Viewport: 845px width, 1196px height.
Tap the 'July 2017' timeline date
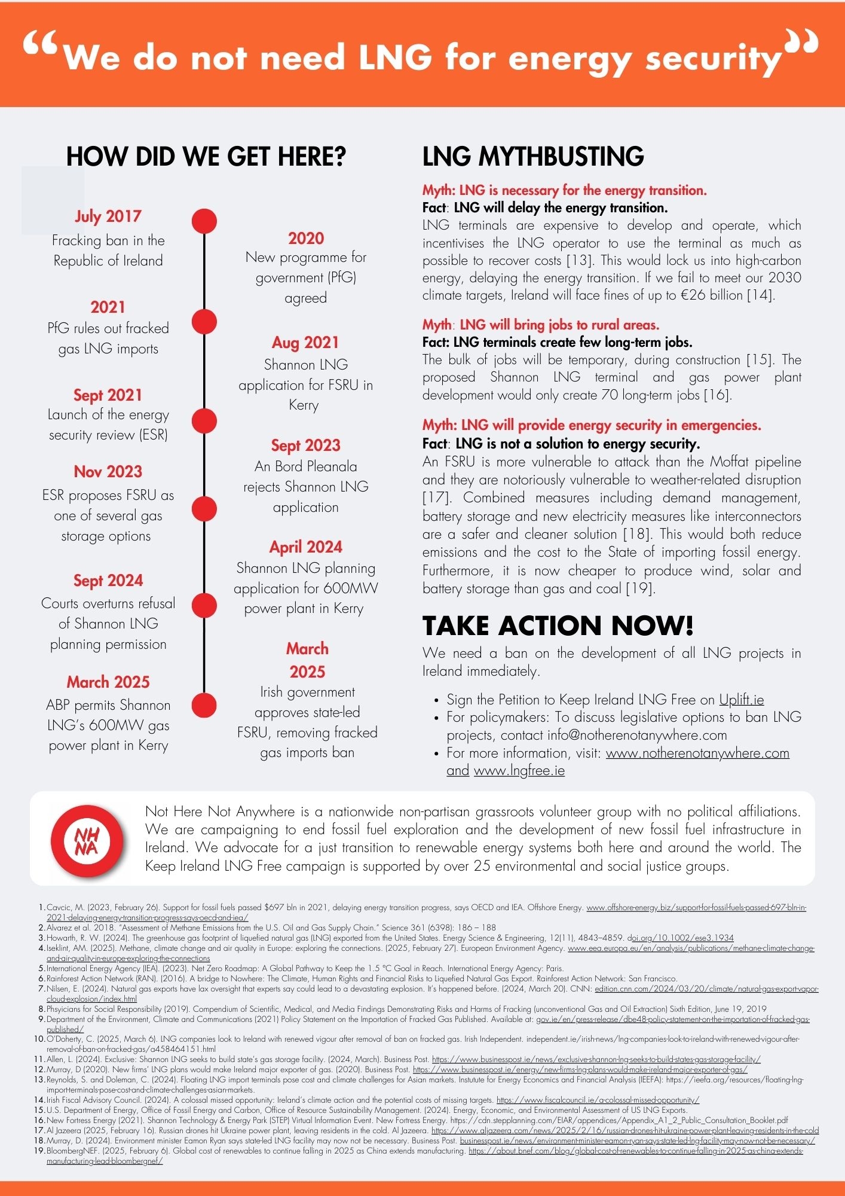coord(108,216)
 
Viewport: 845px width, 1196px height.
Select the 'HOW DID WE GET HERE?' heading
coord(206,157)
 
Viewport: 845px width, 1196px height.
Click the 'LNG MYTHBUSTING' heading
coord(533,157)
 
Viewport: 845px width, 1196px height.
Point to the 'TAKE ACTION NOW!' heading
coord(558,626)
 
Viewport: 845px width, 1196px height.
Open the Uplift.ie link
coord(741,700)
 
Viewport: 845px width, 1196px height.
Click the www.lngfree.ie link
coord(519,770)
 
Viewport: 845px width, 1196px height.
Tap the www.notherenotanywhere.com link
coord(697,753)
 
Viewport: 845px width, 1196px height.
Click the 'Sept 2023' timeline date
coord(305,446)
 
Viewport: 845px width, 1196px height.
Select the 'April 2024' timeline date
coord(305,547)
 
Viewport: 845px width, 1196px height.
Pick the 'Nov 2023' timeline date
coord(108,472)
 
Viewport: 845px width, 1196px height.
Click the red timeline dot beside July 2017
coord(204,221)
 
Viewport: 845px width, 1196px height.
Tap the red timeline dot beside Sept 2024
coord(204,605)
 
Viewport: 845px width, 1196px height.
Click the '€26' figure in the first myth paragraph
coord(688,295)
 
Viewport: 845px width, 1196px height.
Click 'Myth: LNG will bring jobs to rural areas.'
coord(541,325)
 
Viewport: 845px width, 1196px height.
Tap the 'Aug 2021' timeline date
coord(305,343)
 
